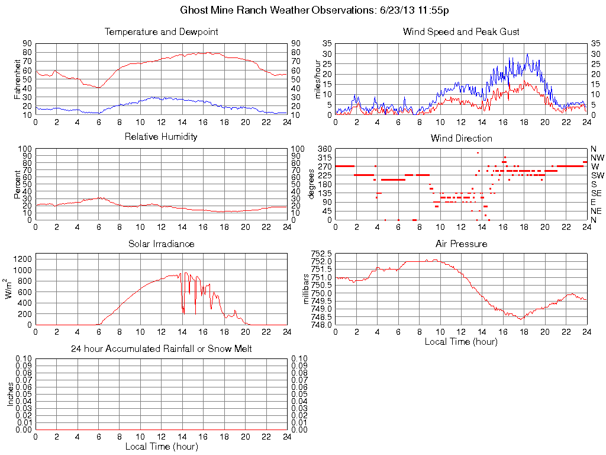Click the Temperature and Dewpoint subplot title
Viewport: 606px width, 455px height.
(x=161, y=32)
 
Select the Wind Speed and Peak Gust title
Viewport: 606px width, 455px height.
(x=461, y=32)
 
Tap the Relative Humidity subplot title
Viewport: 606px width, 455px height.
(x=161, y=137)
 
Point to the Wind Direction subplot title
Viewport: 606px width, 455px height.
(x=461, y=139)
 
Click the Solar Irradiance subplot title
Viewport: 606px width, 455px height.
(x=161, y=243)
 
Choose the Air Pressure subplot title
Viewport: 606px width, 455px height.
(x=461, y=243)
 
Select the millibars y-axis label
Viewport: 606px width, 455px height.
(x=307, y=289)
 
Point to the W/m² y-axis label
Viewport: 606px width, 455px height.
(x=10, y=289)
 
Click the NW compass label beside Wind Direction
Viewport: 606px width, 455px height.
(x=597, y=158)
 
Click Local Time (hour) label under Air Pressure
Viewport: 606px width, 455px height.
(x=461, y=341)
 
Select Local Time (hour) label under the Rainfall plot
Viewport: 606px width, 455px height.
(x=161, y=446)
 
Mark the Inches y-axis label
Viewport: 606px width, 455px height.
(x=10, y=394)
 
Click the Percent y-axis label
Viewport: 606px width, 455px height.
(x=18, y=184)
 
